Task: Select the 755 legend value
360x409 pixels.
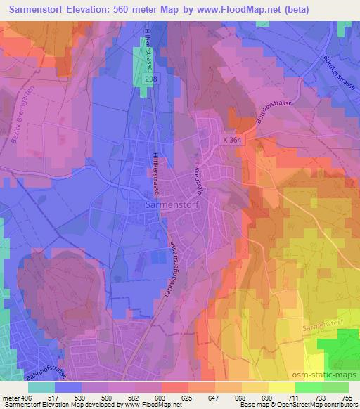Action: [347, 397]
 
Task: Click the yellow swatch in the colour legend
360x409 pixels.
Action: [281, 387]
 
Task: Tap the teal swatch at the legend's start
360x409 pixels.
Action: [41, 387]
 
